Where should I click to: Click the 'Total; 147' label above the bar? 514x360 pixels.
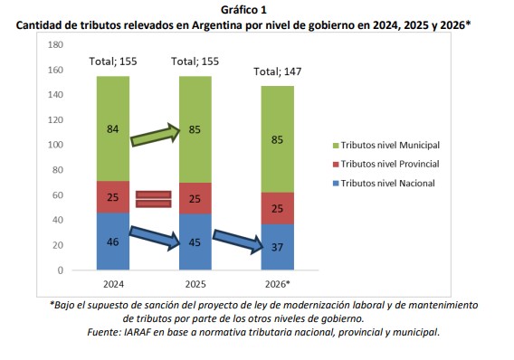point(278,71)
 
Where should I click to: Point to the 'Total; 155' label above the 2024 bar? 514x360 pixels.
point(113,61)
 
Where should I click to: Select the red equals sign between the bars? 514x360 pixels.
point(154,198)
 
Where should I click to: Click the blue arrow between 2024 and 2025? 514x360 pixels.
point(154,240)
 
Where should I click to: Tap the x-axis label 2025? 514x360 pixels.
point(195,283)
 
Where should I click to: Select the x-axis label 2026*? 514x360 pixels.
point(278,283)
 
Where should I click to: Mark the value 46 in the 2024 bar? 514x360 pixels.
point(113,242)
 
